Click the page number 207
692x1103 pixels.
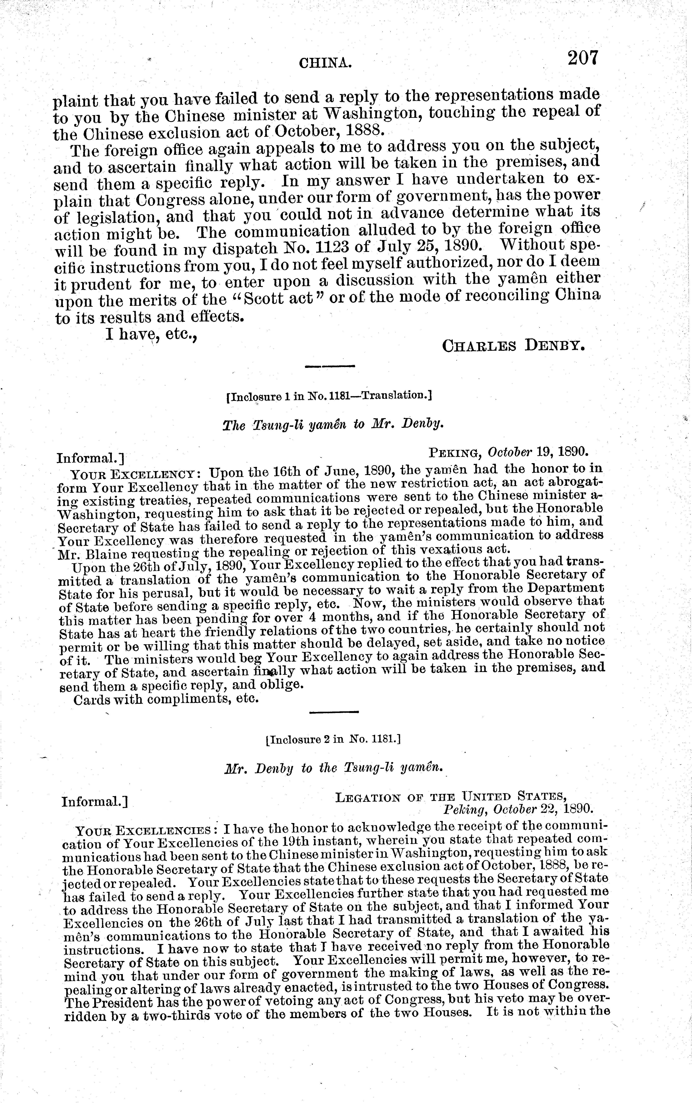click(x=583, y=58)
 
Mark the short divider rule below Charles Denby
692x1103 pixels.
click(x=330, y=366)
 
